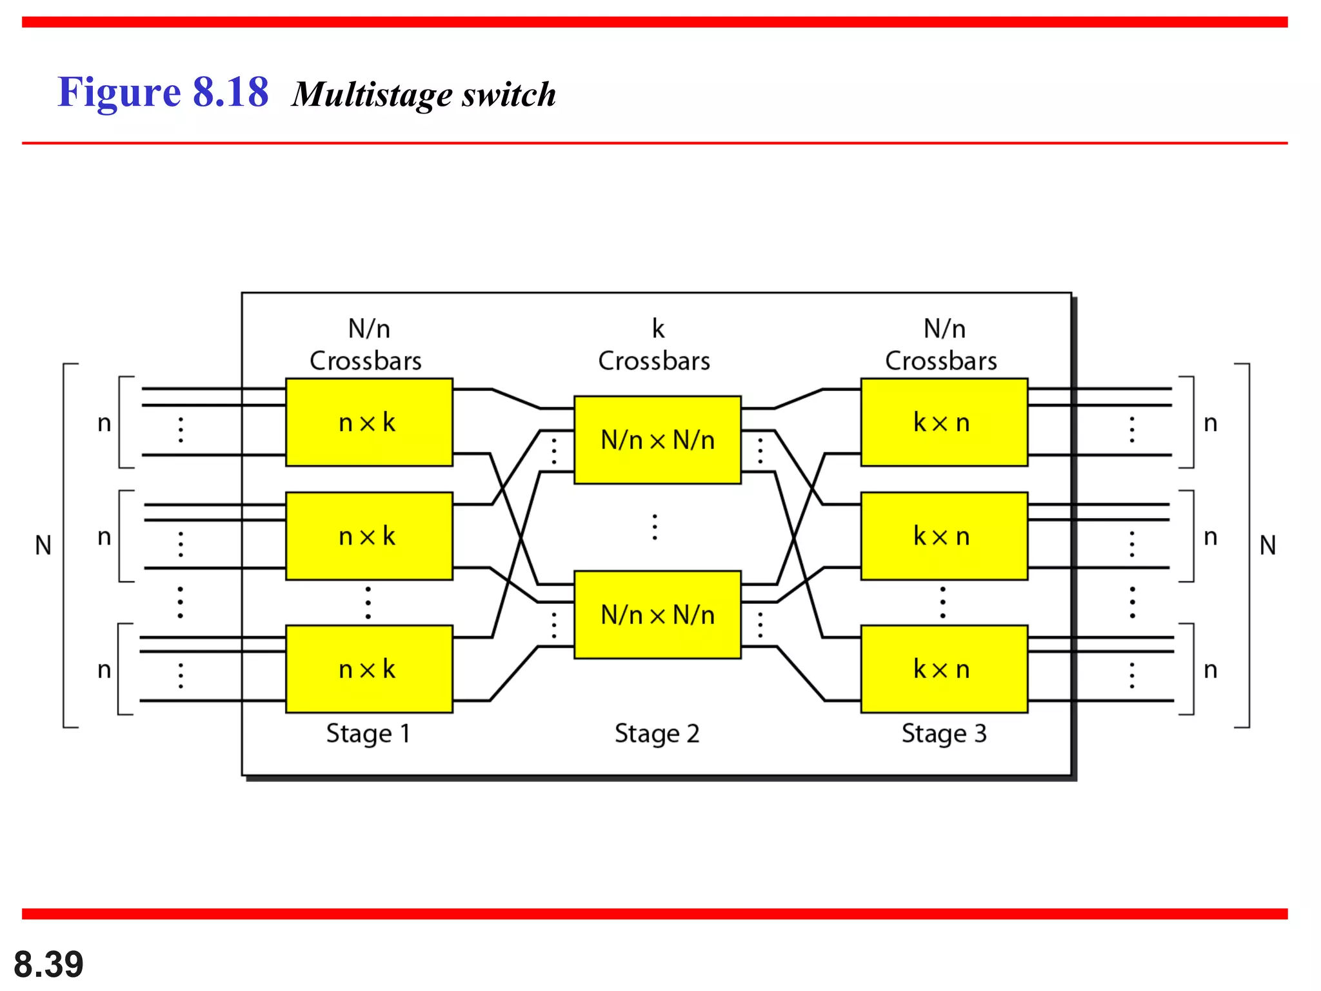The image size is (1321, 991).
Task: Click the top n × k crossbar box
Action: click(369, 422)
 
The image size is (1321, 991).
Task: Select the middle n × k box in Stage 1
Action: click(369, 536)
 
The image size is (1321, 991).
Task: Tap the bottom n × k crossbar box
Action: click(369, 668)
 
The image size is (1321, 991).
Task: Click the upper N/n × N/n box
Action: click(657, 440)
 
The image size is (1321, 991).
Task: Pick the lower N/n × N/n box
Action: click(657, 614)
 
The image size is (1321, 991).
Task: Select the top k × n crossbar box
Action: click(944, 422)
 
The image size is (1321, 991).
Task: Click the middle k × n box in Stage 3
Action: click(944, 536)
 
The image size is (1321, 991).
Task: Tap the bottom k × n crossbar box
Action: click(944, 668)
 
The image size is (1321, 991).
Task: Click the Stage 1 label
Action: click(368, 734)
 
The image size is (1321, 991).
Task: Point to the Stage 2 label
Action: click(657, 734)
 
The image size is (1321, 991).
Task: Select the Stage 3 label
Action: click(944, 734)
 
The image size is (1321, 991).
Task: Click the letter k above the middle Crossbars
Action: click(658, 328)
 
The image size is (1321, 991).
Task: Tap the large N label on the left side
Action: click(43, 546)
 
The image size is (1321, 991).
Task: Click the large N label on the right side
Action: click(1267, 546)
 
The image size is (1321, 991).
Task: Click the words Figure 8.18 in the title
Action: click(163, 92)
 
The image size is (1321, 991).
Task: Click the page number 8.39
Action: click(48, 964)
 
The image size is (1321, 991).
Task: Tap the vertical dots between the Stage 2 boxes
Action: click(655, 527)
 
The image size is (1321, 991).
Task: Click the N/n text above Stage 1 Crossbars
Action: click(369, 328)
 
